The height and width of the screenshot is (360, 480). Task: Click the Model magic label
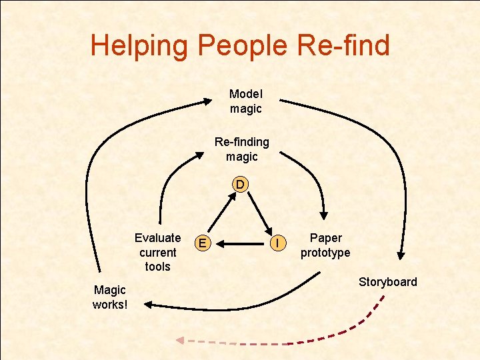click(x=246, y=101)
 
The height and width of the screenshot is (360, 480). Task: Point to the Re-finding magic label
click(x=241, y=149)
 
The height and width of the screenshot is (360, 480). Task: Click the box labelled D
click(x=240, y=183)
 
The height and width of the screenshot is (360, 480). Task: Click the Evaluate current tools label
click(x=157, y=252)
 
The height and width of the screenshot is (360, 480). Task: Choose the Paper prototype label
click(x=325, y=245)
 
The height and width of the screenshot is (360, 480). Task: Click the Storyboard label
click(x=388, y=282)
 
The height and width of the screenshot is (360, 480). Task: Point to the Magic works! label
click(x=110, y=297)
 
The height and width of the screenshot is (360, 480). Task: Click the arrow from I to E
click(x=243, y=244)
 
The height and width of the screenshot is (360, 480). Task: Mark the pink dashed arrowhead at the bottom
click(x=180, y=341)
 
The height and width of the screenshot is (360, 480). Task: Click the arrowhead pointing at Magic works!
click(x=148, y=304)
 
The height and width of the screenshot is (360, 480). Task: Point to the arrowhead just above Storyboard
click(x=401, y=254)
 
